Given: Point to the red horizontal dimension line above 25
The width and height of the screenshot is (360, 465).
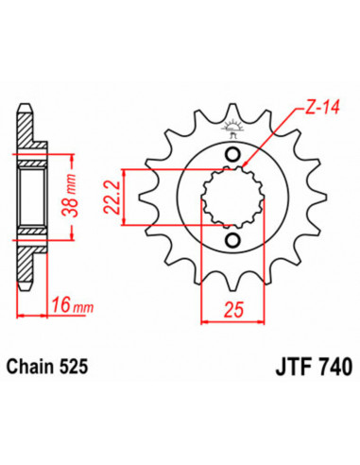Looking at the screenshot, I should [231, 293].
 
